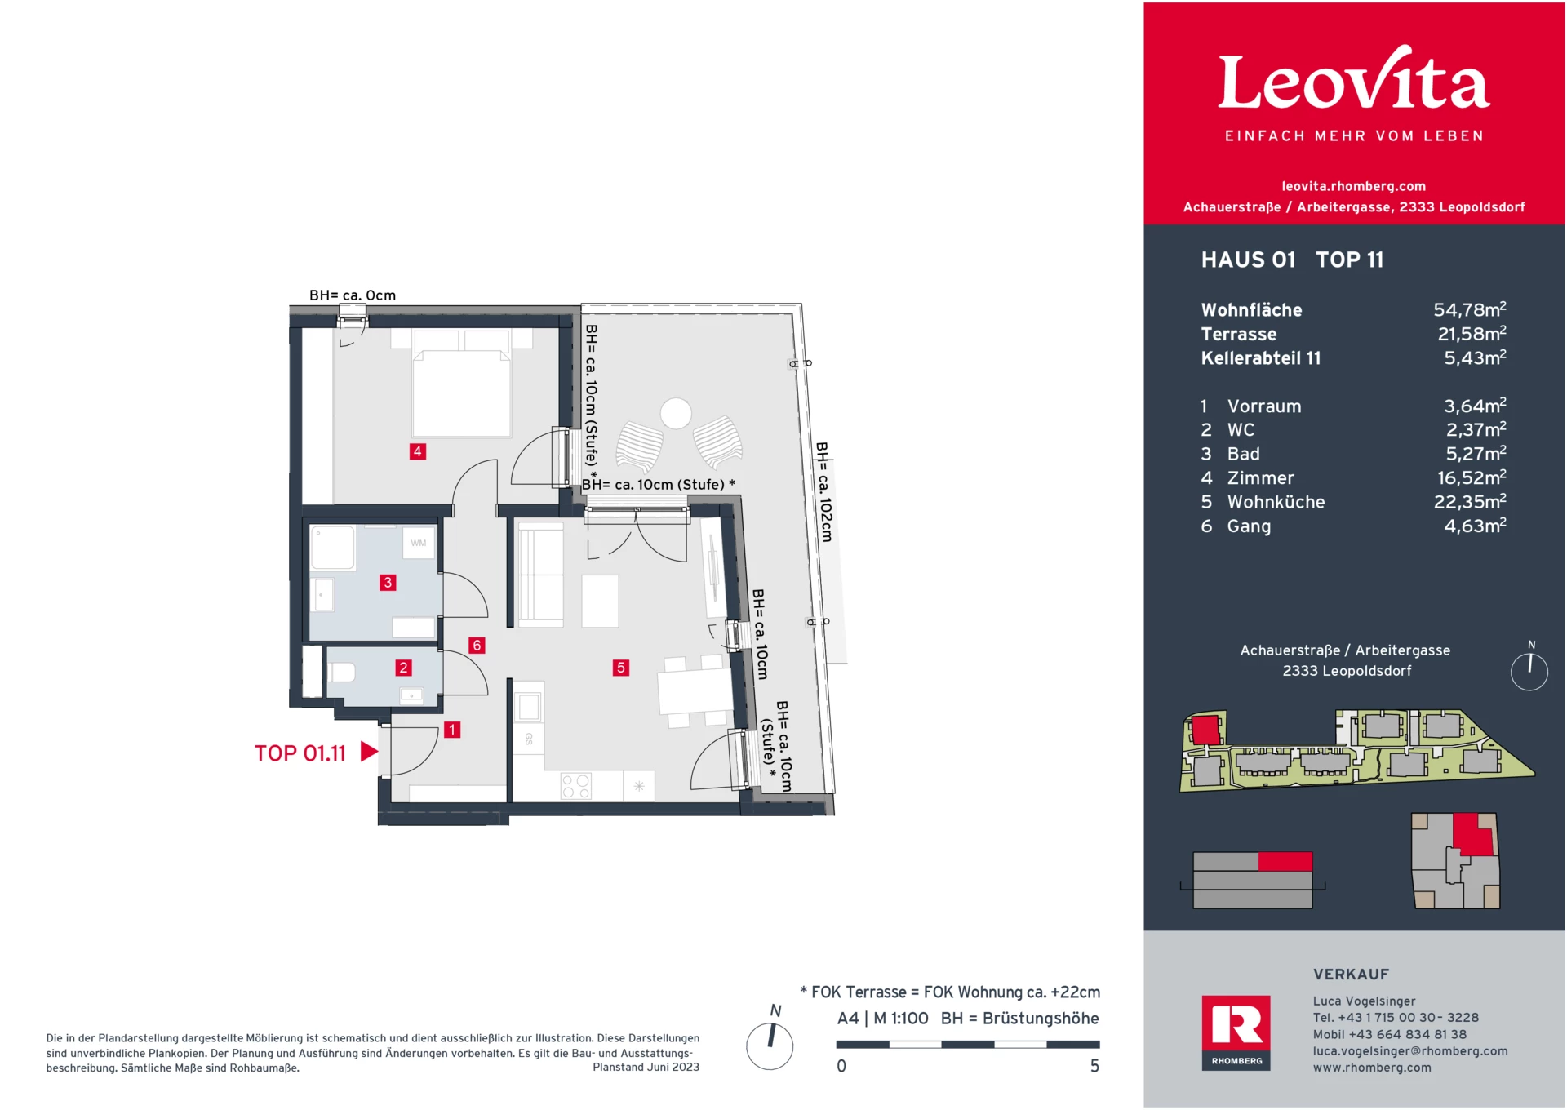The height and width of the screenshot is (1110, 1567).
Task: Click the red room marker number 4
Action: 417,451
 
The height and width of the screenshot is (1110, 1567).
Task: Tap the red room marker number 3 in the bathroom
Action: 388,583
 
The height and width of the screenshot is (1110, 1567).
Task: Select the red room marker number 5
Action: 620,668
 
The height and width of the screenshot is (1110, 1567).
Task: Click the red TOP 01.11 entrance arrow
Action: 369,752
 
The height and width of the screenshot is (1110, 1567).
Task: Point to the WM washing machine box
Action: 419,543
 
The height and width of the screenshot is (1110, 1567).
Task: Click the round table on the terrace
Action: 676,413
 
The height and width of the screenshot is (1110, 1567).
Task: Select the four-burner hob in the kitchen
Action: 575,787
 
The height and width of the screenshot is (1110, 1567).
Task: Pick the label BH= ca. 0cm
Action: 352,295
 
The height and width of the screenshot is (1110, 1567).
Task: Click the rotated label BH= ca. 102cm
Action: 824,492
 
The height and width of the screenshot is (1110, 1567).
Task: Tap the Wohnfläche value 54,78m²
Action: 1469,310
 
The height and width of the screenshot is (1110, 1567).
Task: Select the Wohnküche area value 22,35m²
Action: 1469,502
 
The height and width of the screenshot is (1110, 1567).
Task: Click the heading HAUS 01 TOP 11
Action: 1292,260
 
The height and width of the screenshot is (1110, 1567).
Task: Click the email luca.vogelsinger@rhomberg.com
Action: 1409,1051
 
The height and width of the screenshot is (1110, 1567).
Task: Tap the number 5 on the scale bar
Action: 1094,1066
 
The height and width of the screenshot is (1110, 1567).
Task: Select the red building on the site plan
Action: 1205,728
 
